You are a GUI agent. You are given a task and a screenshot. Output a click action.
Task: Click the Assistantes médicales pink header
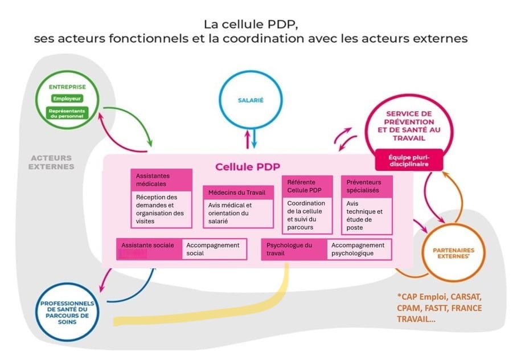point(161,180)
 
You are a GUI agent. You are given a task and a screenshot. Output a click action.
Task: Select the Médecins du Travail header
point(238,193)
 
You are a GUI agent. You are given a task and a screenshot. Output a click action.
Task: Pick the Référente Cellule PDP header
point(307,186)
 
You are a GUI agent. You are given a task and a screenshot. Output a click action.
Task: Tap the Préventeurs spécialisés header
point(366,186)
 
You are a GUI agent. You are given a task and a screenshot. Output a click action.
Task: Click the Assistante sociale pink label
point(149,249)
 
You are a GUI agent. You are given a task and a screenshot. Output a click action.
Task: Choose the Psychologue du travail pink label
point(294,249)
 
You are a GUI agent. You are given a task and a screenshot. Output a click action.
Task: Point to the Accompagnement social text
point(214,249)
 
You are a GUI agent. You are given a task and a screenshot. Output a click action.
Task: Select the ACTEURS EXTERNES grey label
point(51,162)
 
